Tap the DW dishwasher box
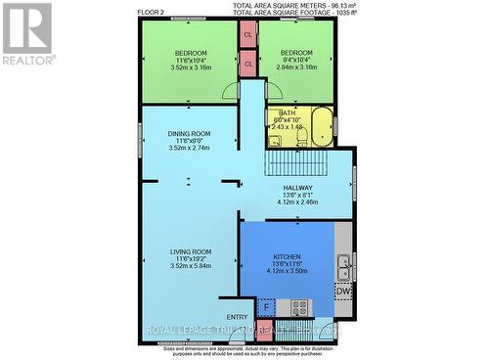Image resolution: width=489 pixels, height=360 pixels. pyautogui.click(x=343, y=291)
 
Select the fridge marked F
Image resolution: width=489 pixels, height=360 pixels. pyautogui.click(x=265, y=307)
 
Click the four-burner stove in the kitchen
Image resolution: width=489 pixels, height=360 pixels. pyautogui.click(x=298, y=307)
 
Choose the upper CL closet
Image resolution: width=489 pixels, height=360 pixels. pyautogui.click(x=248, y=34)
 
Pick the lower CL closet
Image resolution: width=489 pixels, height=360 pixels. pyautogui.click(x=248, y=65)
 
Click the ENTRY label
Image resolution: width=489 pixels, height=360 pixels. pyautogui.click(x=238, y=317)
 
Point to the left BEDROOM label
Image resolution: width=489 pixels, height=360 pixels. pyautogui.click(x=190, y=53)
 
